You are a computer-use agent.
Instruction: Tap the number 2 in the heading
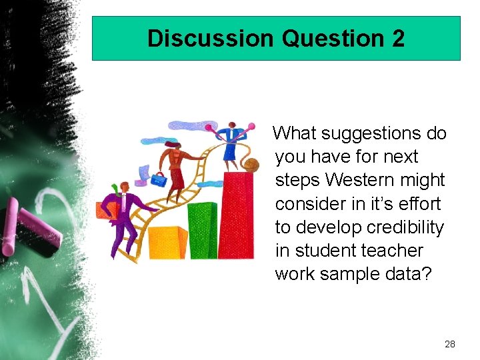tap(397, 38)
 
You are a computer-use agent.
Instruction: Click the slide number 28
tap(449, 344)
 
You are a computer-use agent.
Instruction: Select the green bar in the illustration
tap(203, 230)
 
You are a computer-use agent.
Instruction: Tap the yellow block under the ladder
tap(167, 243)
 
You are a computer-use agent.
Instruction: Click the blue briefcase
tap(159, 179)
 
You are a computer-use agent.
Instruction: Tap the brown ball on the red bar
tap(251, 165)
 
